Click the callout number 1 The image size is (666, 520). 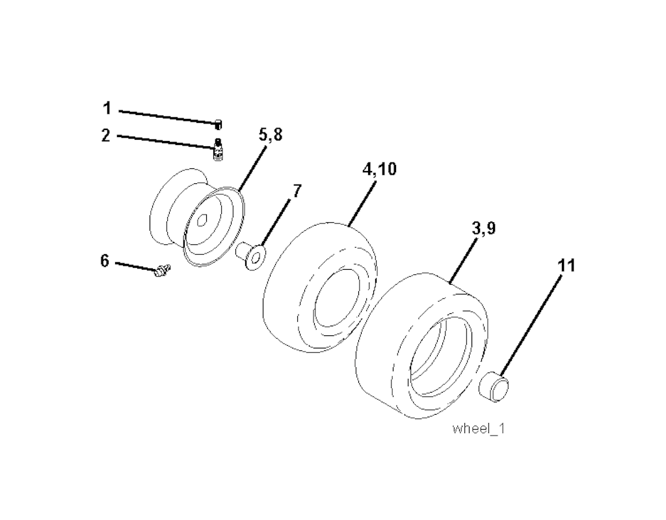tap(107, 109)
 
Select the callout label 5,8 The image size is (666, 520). tap(270, 135)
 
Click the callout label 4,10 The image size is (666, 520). tap(379, 169)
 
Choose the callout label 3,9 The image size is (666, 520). tap(484, 229)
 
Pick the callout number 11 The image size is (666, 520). tap(566, 266)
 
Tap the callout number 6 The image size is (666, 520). tap(105, 261)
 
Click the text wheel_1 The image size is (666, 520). tap(479, 428)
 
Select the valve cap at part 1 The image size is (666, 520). tap(219, 124)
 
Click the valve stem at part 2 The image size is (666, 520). tap(218, 150)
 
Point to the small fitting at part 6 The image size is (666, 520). tap(162, 270)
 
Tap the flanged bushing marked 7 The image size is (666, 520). tap(251, 256)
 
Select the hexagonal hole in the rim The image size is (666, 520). tap(203, 221)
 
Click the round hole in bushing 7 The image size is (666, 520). tap(256, 256)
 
